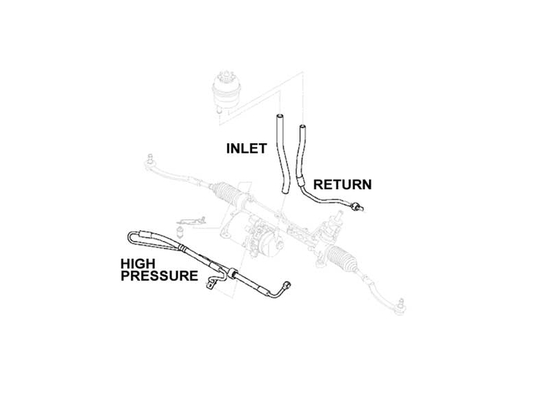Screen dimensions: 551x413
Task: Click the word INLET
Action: tap(247, 149)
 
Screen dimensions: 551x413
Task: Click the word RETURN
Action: tap(342, 184)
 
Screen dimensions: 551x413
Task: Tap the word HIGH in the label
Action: tap(138, 264)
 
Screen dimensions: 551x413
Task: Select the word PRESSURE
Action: tap(159, 276)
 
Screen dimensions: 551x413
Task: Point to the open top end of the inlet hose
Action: tap(279, 116)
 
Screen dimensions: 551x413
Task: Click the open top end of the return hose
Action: tap(302, 126)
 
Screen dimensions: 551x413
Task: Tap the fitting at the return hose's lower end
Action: tap(357, 207)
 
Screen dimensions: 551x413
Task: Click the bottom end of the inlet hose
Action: tap(285, 191)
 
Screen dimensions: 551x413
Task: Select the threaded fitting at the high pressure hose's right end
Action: tap(287, 285)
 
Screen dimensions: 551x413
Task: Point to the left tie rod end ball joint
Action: tap(150, 162)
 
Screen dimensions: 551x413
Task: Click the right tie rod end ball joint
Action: tap(400, 307)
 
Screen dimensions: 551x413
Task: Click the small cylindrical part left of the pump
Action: tap(180, 231)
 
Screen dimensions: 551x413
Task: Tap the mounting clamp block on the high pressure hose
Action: tap(231, 273)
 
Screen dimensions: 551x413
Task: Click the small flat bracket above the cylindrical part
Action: tap(191, 221)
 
